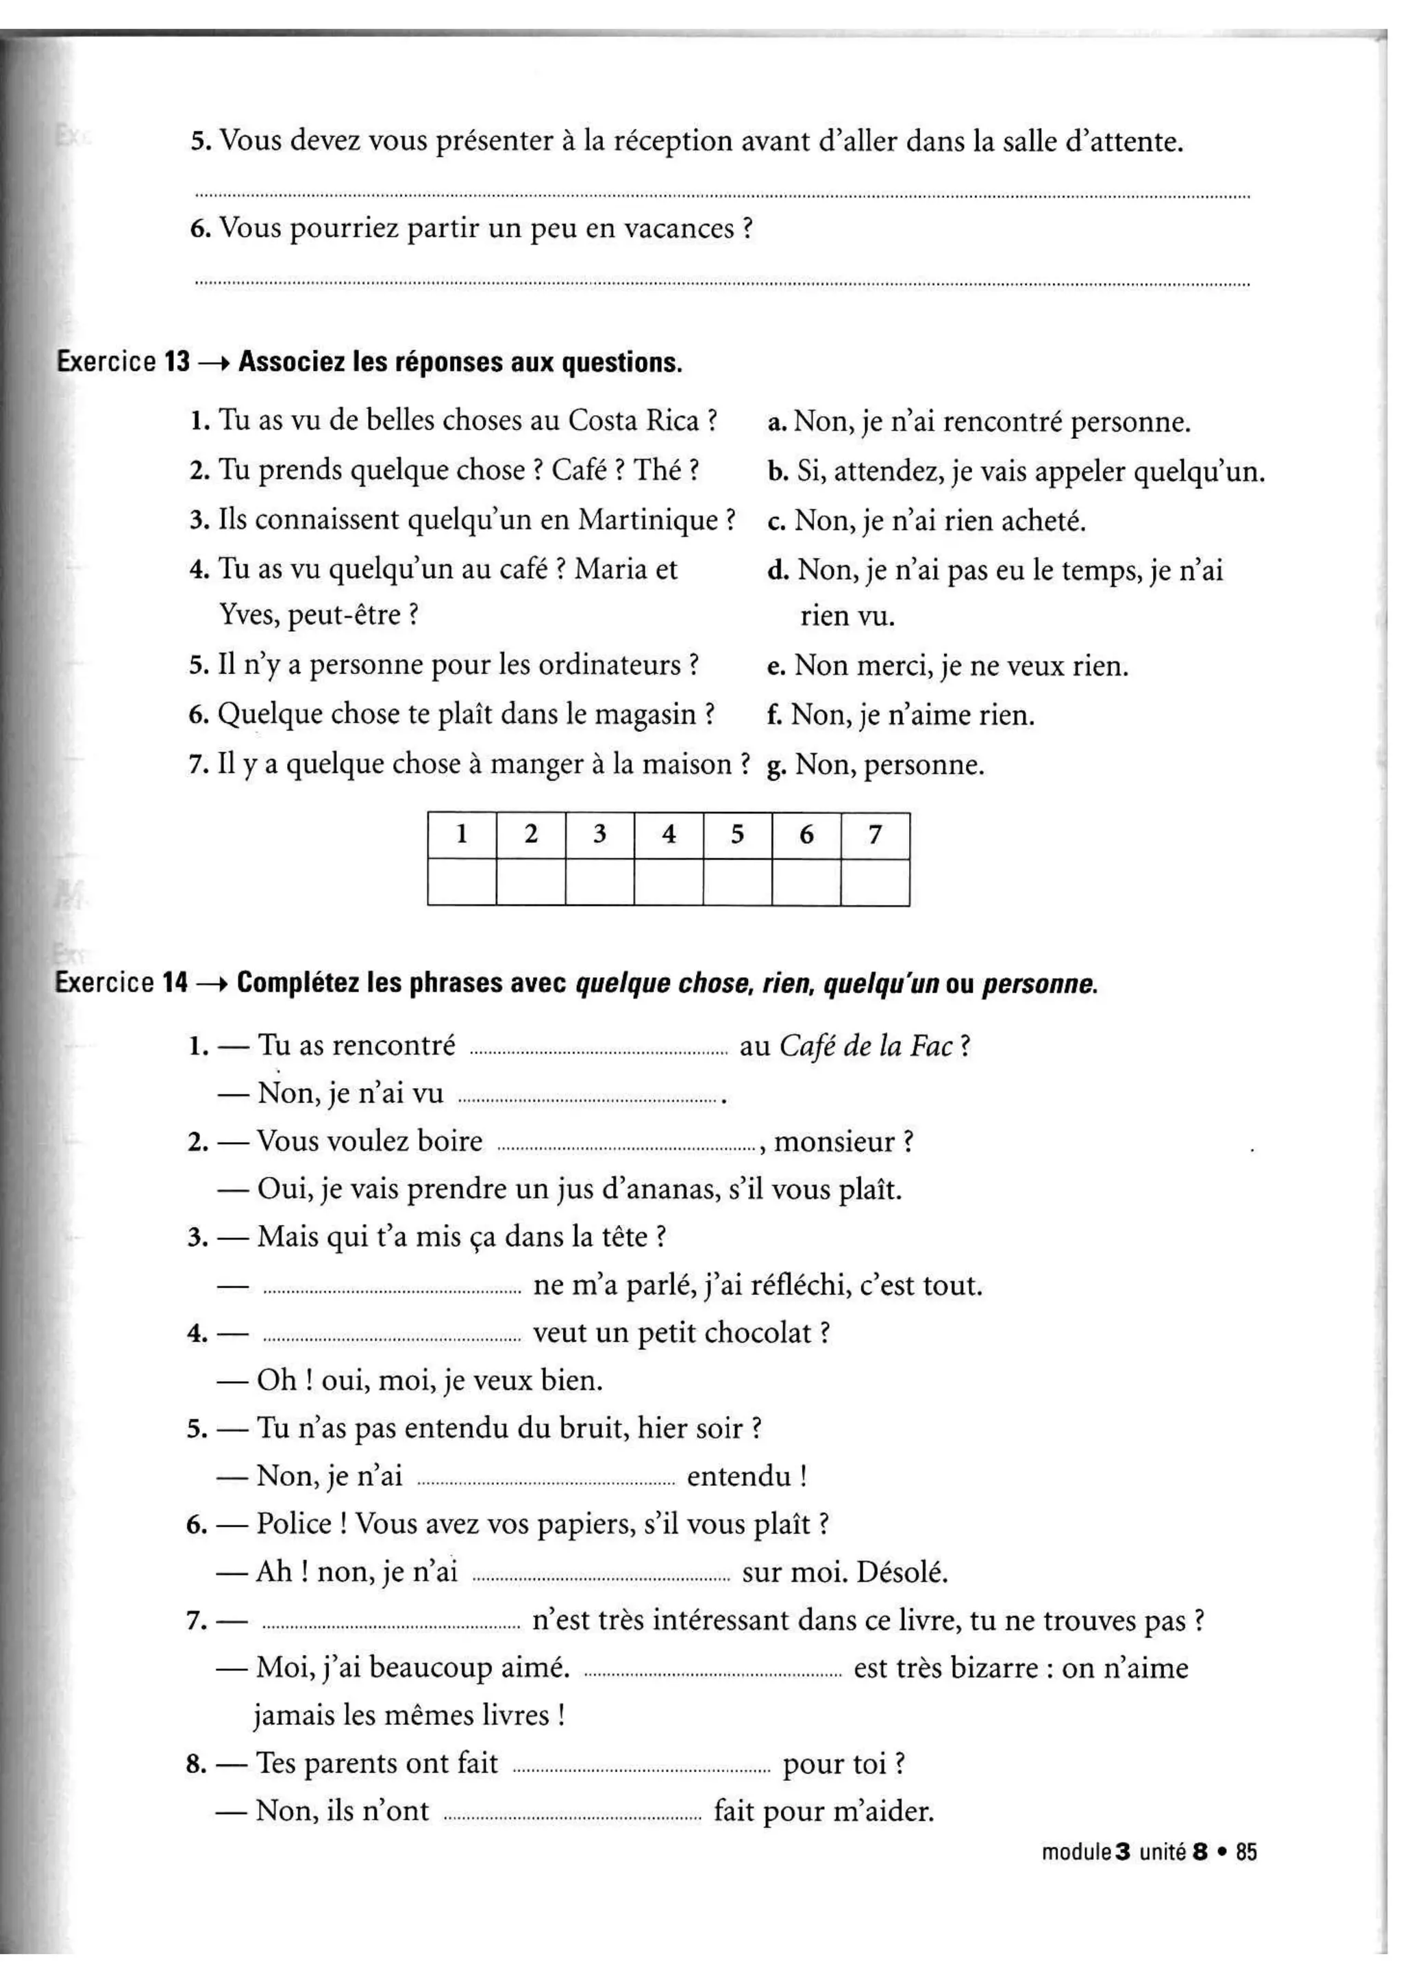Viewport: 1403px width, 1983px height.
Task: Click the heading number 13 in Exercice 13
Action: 176,362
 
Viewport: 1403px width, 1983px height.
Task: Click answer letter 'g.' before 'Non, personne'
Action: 775,766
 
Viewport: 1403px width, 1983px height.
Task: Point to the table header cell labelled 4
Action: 668,834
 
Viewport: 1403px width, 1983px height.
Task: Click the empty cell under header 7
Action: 874,882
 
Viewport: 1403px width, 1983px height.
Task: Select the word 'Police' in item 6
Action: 294,1524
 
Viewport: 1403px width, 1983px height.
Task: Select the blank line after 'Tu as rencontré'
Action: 598,1053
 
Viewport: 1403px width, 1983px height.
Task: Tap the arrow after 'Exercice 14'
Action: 212,984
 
